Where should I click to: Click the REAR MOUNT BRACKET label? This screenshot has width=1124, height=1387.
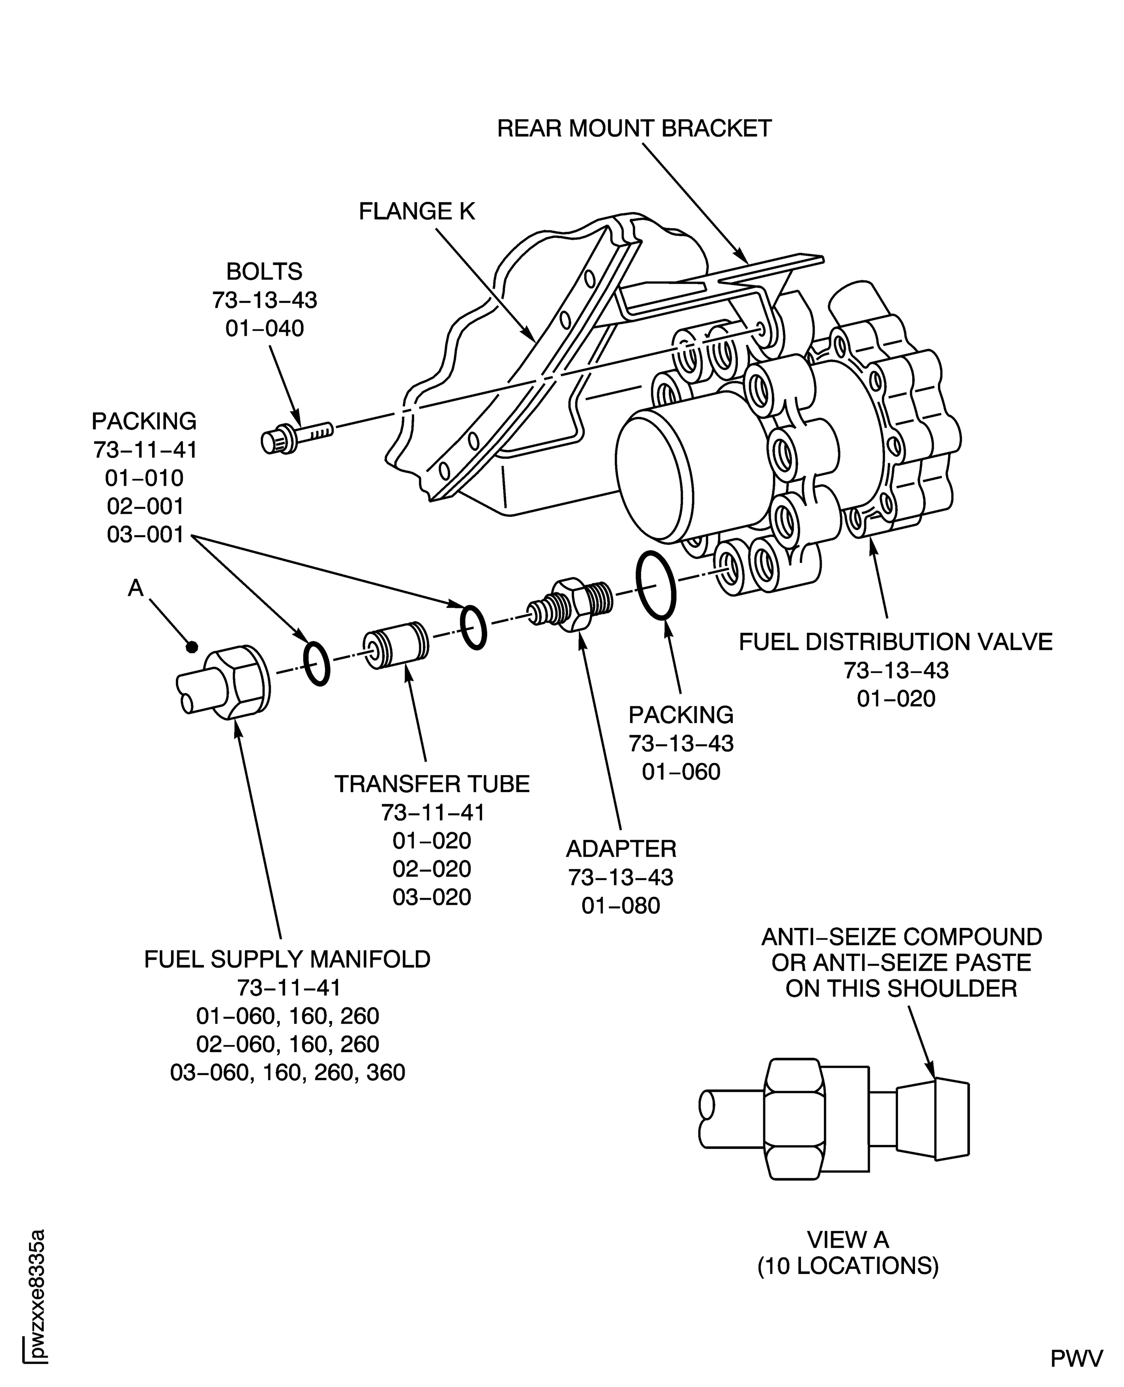coord(634,129)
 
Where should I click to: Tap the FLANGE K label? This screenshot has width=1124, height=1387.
coord(417,212)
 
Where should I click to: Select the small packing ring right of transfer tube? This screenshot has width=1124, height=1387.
coord(473,627)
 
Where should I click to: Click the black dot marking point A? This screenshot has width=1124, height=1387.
coord(191,646)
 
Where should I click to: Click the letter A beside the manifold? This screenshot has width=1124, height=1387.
coord(135,588)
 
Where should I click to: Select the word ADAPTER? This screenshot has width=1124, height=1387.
coord(620,848)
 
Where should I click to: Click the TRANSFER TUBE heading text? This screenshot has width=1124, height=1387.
coord(432,784)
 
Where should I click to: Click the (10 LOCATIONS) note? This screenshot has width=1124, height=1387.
coord(848,1266)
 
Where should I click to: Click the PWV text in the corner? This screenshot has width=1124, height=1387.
coord(1076,1359)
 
